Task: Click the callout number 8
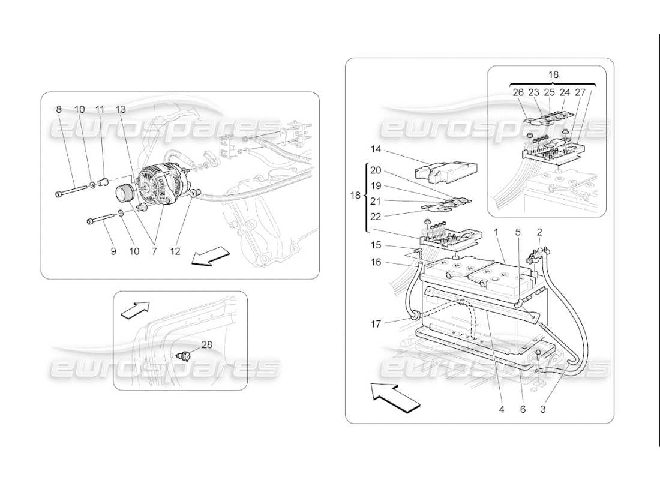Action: pyautogui.click(x=59, y=110)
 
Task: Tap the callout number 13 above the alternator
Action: pyautogui.click(x=121, y=110)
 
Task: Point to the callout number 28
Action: pyautogui.click(x=207, y=344)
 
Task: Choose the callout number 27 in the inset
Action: pyautogui.click(x=580, y=92)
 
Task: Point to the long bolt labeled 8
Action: pyautogui.click(x=73, y=193)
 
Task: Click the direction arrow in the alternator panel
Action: pyautogui.click(x=202, y=259)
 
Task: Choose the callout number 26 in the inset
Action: pyautogui.click(x=518, y=92)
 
